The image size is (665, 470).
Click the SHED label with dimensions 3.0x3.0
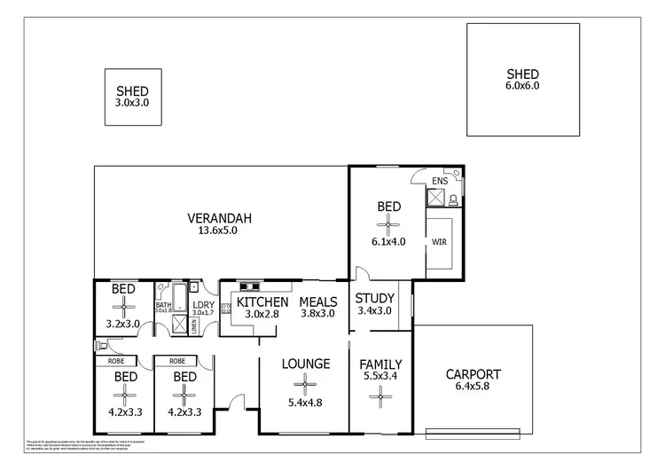click(x=132, y=91)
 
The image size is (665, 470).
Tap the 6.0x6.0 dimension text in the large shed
click(x=522, y=86)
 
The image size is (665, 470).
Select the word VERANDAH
click(x=219, y=218)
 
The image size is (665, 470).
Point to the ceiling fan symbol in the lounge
click(x=306, y=384)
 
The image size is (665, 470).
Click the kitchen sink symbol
click(x=247, y=286)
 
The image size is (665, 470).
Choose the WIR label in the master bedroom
click(x=439, y=240)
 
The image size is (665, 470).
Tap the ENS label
click(x=440, y=181)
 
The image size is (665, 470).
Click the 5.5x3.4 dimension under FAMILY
click(x=380, y=377)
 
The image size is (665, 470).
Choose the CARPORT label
click(x=473, y=373)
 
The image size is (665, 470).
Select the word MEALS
click(x=317, y=301)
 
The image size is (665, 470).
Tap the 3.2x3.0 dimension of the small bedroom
click(x=123, y=324)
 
